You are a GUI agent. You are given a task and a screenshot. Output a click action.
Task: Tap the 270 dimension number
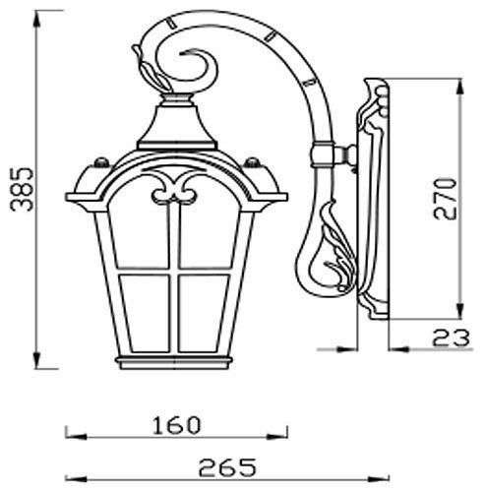coord(448,198)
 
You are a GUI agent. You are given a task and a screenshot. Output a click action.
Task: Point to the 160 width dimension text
coord(177,425)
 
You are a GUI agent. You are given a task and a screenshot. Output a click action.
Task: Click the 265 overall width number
coord(226,465)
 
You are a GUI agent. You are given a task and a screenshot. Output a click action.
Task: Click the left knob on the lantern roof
coord(98,159)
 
